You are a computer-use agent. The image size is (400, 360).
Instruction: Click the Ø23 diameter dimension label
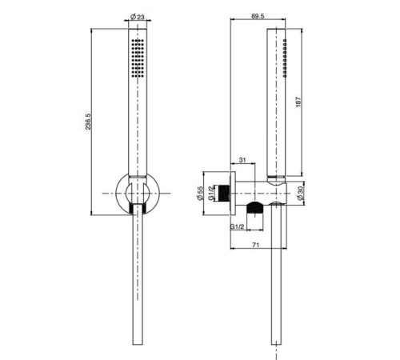tap(135, 16)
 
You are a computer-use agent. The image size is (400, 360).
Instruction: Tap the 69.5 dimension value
tap(258, 16)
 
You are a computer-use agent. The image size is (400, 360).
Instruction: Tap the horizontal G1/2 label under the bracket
tap(238, 227)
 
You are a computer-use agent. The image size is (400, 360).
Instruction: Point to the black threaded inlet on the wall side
tap(230, 192)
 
